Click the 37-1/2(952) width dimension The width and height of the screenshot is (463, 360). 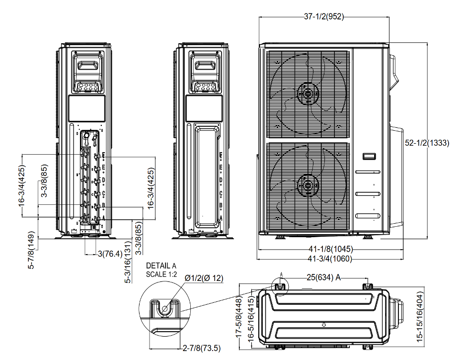(x=323, y=16)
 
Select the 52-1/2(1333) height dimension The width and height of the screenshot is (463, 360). (x=427, y=143)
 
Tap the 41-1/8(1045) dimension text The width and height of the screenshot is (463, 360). (x=323, y=249)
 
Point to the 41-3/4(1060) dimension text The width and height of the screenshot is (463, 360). (x=323, y=259)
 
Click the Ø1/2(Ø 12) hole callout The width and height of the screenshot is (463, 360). (x=204, y=278)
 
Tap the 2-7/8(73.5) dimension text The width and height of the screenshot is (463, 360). (x=201, y=348)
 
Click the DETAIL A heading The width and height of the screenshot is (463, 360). (x=161, y=266)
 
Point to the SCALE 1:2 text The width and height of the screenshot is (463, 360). (x=161, y=274)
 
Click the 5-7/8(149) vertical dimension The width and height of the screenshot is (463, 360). (x=32, y=251)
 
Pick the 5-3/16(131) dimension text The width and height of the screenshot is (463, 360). (x=128, y=264)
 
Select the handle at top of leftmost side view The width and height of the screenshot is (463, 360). (x=89, y=64)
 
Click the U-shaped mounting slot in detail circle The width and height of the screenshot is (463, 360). (x=164, y=309)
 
